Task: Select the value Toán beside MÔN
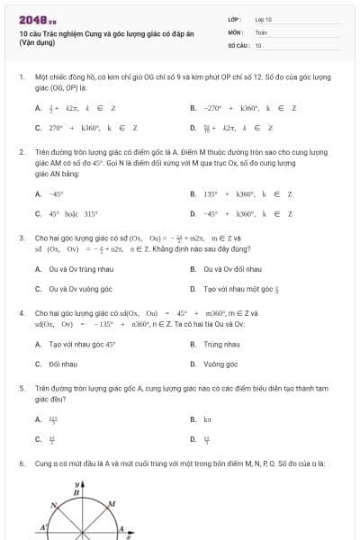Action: pyautogui.click(x=261, y=31)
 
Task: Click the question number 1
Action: pyautogui.click(x=21, y=77)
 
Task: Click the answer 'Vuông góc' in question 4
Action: pyautogui.click(x=220, y=364)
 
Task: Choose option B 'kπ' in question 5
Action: pyautogui.click(x=207, y=419)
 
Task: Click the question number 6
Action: pyautogui.click(x=21, y=463)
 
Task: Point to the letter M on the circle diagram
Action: pyautogui.click(x=112, y=503)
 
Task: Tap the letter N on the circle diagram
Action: pyautogui.click(x=54, y=505)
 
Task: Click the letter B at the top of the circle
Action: pyautogui.click(x=76, y=493)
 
